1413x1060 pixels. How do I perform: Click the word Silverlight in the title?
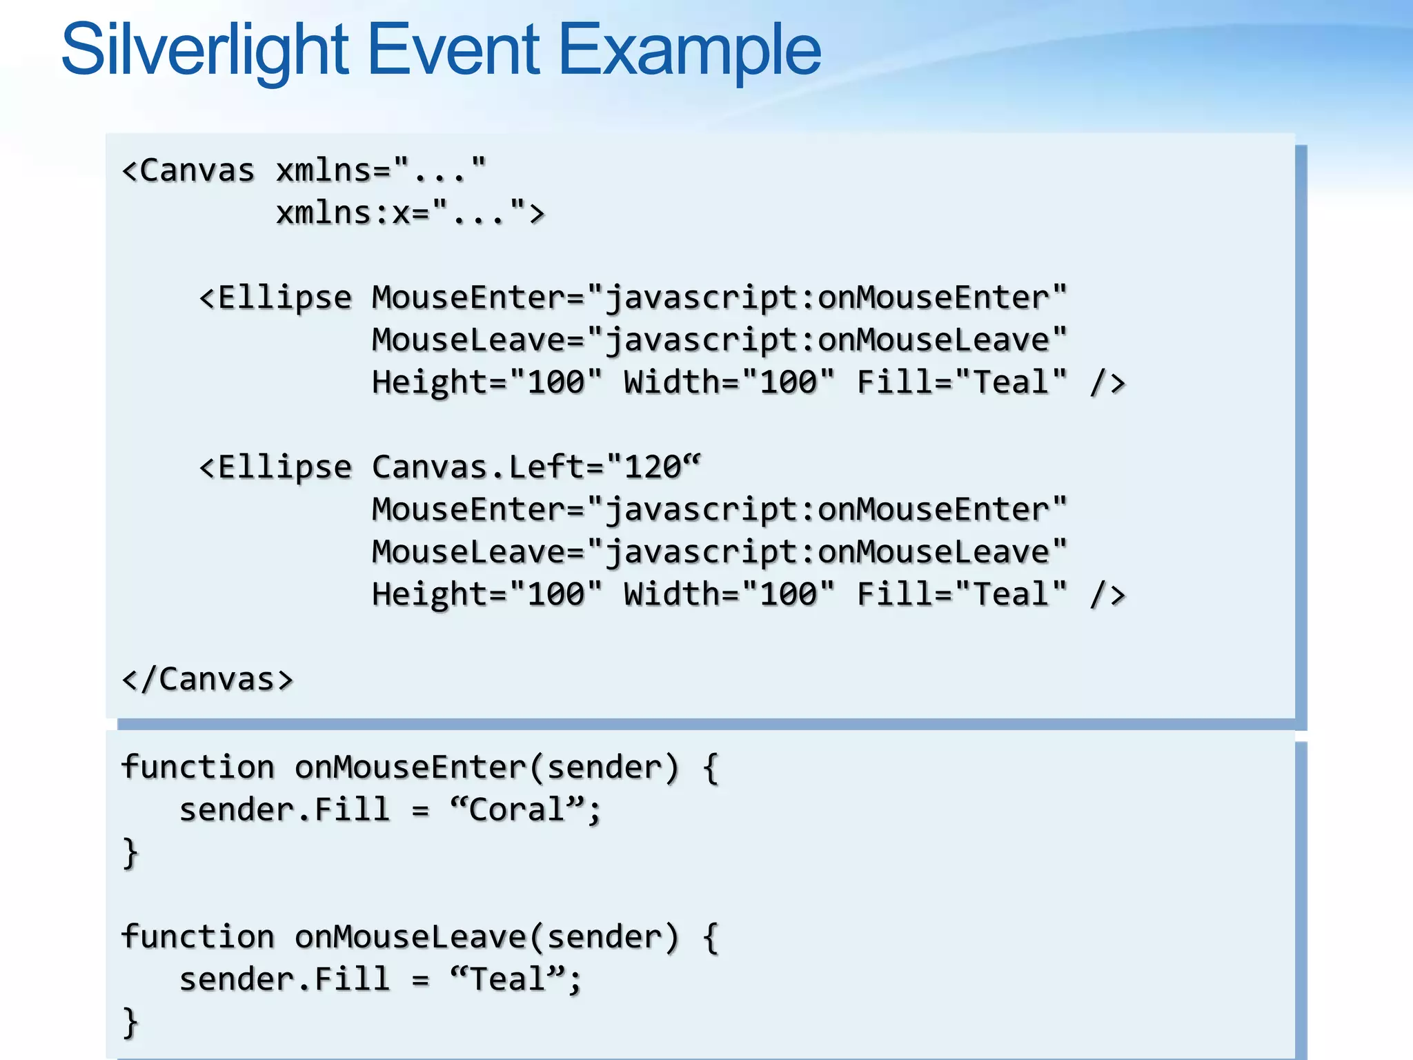[x=206, y=50]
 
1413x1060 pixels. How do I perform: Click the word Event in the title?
[x=453, y=50]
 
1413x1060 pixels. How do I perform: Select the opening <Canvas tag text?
[x=188, y=170]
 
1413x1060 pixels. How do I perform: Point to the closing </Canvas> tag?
[x=207, y=679]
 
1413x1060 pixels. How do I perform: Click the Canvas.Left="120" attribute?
[x=535, y=467]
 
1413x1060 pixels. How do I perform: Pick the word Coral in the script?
[x=516, y=809]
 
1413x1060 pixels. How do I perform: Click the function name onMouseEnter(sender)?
[x=487, y=767]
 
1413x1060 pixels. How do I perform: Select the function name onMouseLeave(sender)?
[x=487, y=937]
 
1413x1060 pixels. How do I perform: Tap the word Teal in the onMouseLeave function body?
[x=507, y=979]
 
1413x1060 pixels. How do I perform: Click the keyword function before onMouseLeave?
[x=198, y=937]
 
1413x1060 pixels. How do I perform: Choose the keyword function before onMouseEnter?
[x=198, y=767]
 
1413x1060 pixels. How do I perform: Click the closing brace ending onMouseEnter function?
[x=130, y=853]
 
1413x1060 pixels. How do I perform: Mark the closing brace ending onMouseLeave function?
[x=130, y=1022]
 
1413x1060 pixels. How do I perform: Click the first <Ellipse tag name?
[x=275, y=297]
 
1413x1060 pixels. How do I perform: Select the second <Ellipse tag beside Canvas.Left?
[x=275, y=467]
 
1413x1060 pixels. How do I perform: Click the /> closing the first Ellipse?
[x=1107, y=382]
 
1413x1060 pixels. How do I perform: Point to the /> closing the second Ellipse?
[x=1107, y=594]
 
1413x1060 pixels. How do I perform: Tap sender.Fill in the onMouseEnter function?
[x=284, y=809]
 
